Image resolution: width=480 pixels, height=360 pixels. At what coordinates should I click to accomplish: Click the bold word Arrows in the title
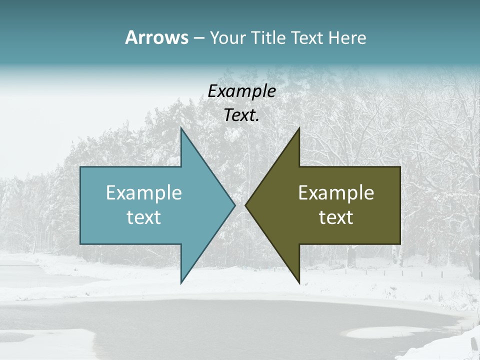(x=156, y=38)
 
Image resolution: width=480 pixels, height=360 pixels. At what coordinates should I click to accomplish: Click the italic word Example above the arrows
(x=241, y=91)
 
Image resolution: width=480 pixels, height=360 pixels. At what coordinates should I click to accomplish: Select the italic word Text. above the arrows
(x=241, y=115)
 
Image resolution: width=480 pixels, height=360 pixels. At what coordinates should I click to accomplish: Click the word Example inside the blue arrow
(x=144, y=192)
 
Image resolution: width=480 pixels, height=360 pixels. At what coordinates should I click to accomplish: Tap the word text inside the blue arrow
(x=144, y=217)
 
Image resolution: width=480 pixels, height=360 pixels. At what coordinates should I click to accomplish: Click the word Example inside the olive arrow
(x=336, y=192)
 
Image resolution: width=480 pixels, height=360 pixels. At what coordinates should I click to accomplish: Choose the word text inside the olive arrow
(x=336, y=217)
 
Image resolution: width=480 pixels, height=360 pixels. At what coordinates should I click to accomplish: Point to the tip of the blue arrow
(x=234, y=205)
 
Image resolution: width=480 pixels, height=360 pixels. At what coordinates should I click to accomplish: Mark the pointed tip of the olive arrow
(x=245, y=205)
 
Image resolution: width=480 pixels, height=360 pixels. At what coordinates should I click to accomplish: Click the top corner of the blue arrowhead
(x=181, y=128)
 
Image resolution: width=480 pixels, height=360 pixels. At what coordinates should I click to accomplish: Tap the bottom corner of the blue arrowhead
(x=181, y=283)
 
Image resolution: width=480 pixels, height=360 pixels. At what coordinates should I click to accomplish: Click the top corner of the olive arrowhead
(x=299, y=128)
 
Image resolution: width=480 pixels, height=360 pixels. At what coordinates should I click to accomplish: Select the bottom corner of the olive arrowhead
(x=299, y=283)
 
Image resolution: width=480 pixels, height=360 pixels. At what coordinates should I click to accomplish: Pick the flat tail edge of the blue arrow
(x=80, y=205)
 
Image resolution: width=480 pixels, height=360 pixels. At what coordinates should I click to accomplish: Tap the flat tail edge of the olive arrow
(x=400, y=205)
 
